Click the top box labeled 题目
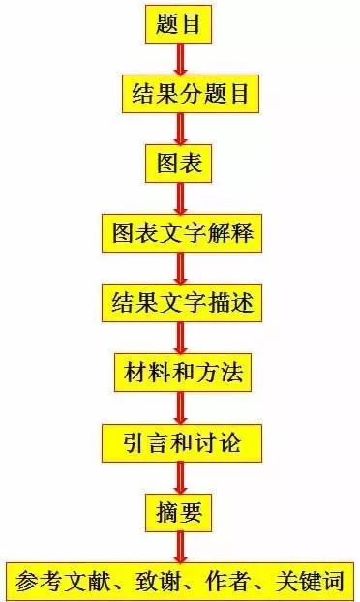pos(178,24)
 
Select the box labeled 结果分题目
pos(191,94)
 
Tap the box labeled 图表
pos(178,164)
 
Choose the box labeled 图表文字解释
pos(182,233)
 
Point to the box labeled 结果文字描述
pos(182,303)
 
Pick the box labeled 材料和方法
pos(183,373)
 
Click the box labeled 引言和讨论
pos(182,443)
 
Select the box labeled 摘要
pos(178,513)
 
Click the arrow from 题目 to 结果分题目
pos(180,59)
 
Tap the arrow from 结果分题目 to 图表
pos(180,129)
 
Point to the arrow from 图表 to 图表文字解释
pos(180,198)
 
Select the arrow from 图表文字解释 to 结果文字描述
pos(180,268)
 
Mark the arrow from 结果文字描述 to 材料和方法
pos(180,338)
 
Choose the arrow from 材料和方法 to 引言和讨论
pos(180,408)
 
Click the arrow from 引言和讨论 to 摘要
pos(180,478)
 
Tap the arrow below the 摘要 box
pos(180,548)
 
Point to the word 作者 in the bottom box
pos(226,582)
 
